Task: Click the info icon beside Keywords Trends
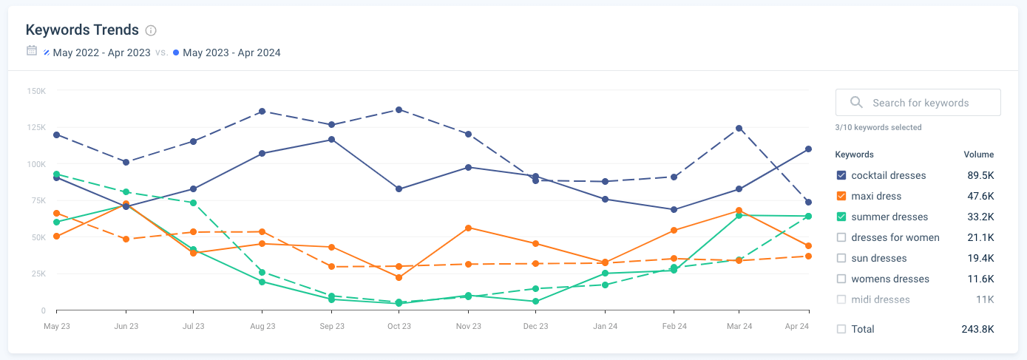click(151, 30)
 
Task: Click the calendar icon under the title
click(32, 51)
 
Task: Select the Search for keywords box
click(918, 103)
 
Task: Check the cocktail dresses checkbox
click(841, 175)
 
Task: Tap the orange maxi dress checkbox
click(841, 196)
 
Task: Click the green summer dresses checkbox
click(841, 217)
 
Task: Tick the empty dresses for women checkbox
click(841, 237)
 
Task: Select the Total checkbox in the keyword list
click(841, 329)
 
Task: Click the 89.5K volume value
click(980, 175)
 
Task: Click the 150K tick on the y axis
click(36, 91)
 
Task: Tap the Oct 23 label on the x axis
click(399, 326)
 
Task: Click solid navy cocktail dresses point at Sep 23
click(331, 140)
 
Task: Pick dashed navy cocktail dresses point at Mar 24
click(739, 129)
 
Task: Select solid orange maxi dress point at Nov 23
click(468, 228)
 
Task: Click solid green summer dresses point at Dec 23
click(536, 301)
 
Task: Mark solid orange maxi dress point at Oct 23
click(399, 277)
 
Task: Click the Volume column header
click(978, 154)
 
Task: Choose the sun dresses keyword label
click(878, 258)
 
